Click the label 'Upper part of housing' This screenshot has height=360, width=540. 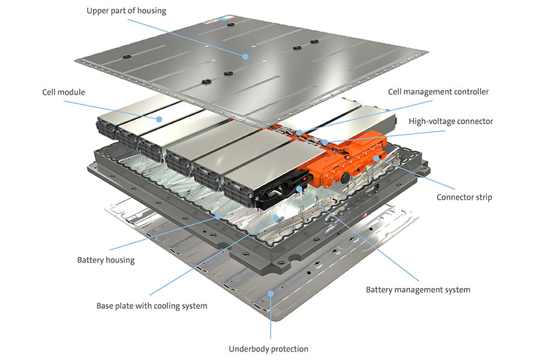click(x=126, y=11)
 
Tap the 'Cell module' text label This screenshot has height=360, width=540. click(x=64, y=92)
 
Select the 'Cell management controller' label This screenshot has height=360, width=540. click(x=438, y=92)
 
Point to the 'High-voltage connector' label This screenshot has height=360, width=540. click(x=451, y=121)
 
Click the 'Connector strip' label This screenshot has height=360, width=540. click(x=464, y=197)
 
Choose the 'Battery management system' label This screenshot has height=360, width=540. click(x=418, y=290)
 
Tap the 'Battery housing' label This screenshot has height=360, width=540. click(x=106, y=260)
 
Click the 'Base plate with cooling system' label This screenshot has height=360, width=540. click(x=151, y=306)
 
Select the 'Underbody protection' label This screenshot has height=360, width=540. click(x=268, y=349)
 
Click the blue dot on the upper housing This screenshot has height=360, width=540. click(x=246, y=56)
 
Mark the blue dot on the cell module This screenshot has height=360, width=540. click(x=159, y=119)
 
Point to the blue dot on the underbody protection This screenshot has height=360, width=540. click(x=271, y=293)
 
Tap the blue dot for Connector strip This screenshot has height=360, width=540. click(x=376, y=158)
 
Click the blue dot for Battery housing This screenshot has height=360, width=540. click(x=218, y=215)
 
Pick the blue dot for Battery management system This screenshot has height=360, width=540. click(x=299, y=190)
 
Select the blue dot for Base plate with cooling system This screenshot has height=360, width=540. click(x=276, y=218)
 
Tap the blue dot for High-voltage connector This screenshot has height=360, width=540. click(x=325, y=142)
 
